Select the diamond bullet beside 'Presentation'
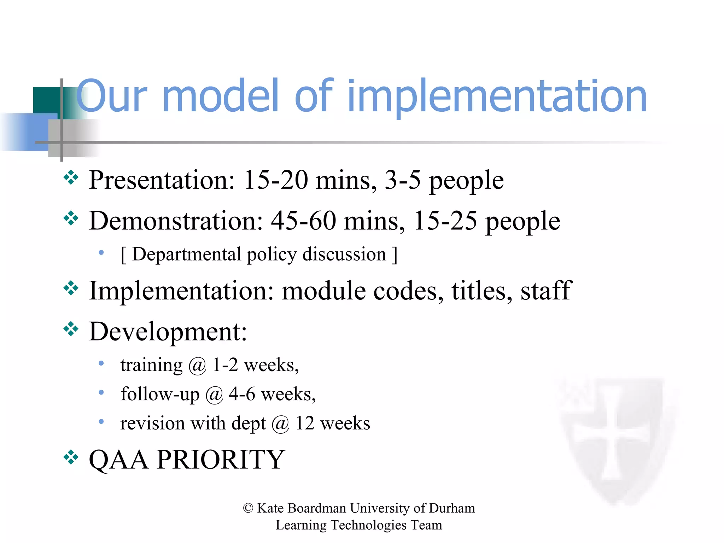click(71, 177)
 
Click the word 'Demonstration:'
click(176, 221)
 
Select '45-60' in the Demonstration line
click(303, 221)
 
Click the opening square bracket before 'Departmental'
click(123, 255)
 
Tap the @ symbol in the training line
click(197, 366)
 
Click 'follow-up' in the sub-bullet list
click(160, 395)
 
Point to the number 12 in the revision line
click(305, 423)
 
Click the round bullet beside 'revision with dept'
click(101, 421)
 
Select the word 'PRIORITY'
click(221, 460)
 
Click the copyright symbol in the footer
click(248, 508)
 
